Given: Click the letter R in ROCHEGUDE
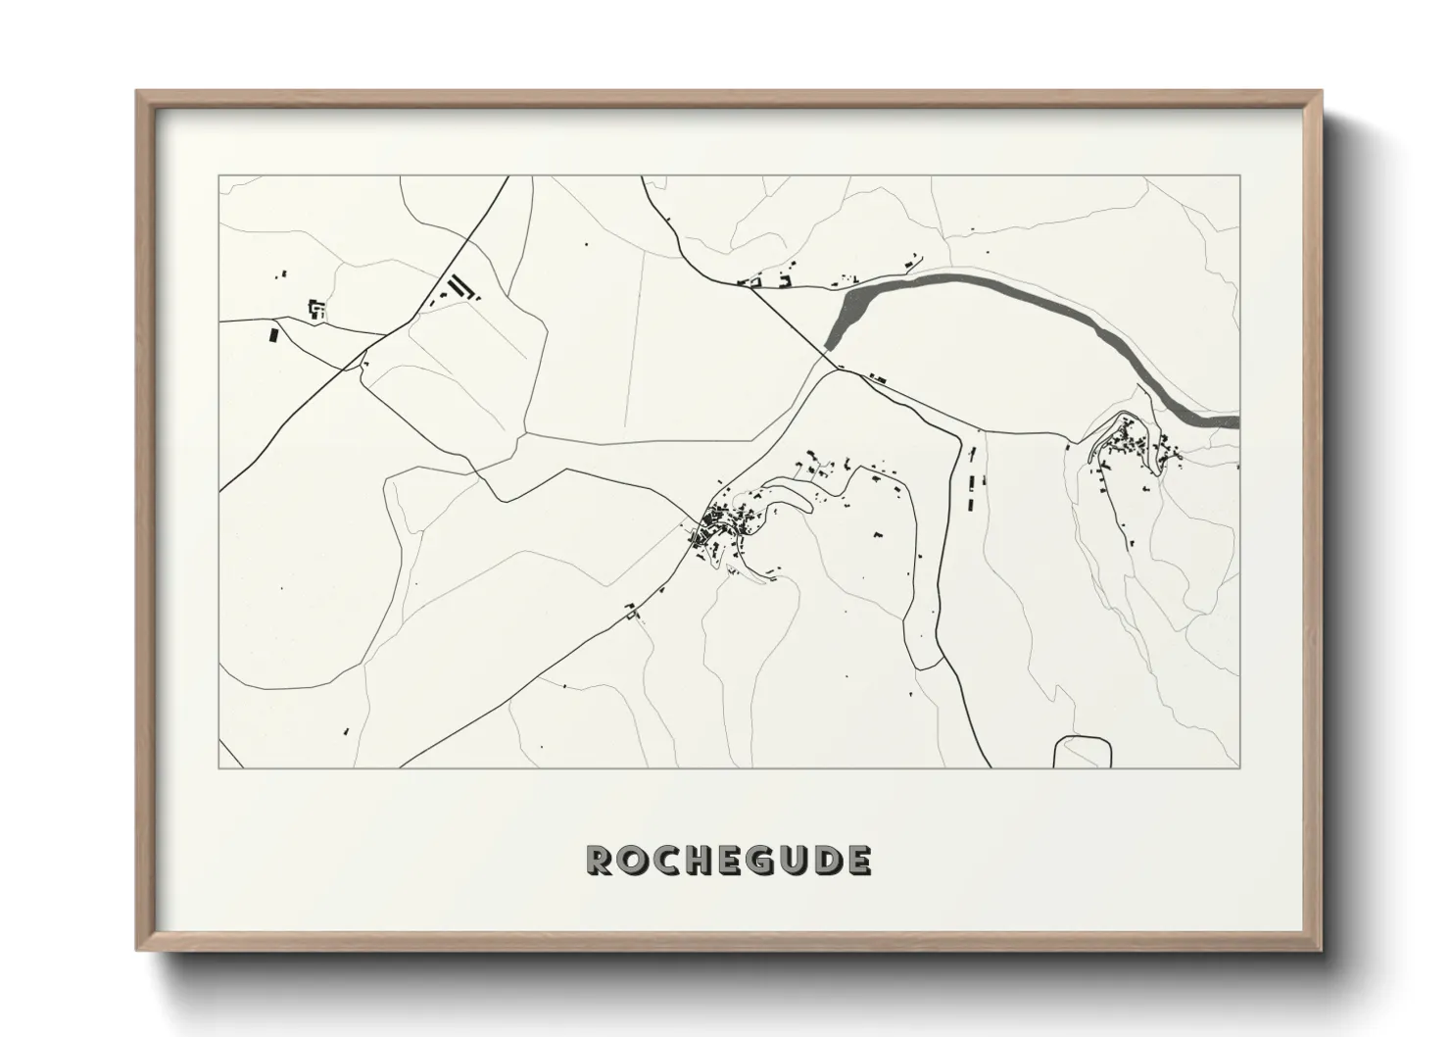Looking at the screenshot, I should [600, 861].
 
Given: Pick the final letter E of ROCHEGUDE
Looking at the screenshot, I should [857, 861].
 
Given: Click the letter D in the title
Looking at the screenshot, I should [826, 861].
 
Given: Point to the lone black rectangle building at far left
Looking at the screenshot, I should [273, 335].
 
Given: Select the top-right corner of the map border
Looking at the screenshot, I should [1239, 176].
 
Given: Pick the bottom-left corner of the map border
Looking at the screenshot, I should [219, 767].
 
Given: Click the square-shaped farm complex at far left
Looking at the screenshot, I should [316, 310].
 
